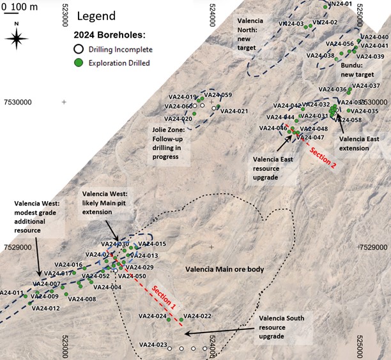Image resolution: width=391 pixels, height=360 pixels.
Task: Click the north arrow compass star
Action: coord(17,38)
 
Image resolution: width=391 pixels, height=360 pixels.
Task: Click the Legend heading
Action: coord(96,16)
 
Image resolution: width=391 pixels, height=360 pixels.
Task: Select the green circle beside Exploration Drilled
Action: coord(79,62)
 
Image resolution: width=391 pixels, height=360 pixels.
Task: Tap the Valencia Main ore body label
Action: coord(224,270)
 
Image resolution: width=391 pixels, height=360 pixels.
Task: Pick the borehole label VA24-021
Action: coord(234,111)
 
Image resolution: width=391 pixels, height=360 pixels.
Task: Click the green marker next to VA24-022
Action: coord(181,319)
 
